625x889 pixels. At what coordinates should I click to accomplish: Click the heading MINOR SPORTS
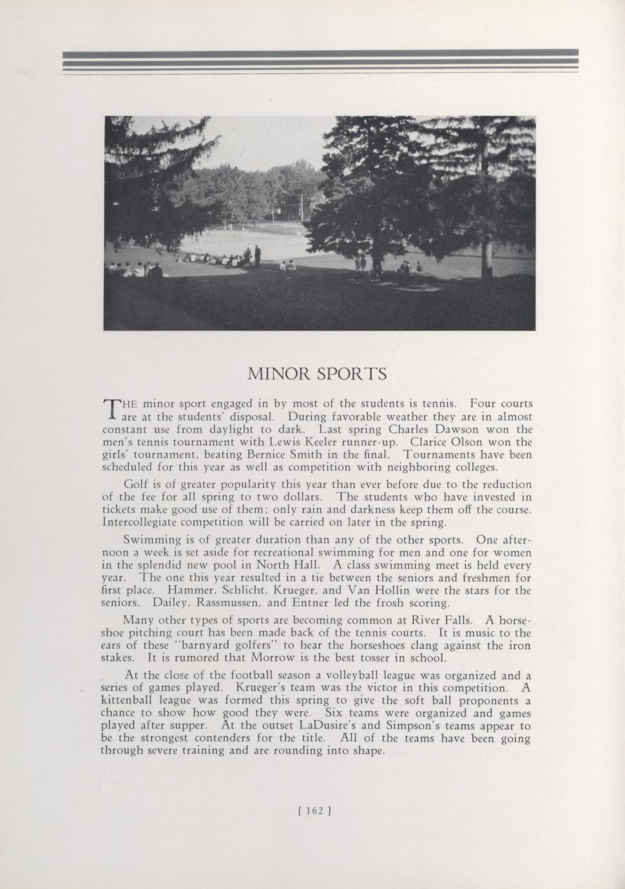[317, 374]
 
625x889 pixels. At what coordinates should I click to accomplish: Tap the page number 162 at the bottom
[314, 811]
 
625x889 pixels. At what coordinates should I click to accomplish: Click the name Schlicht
[226, 590]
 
